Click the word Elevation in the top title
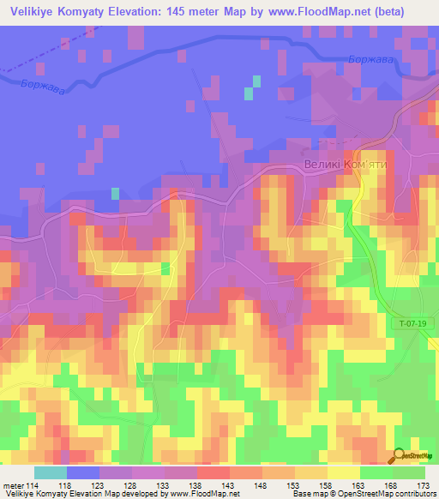pyautogui.click(x=147, y=12)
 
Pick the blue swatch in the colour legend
pyautogui.click(x=82, y=473)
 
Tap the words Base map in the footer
pyautogui.click(x=307, y=493)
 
